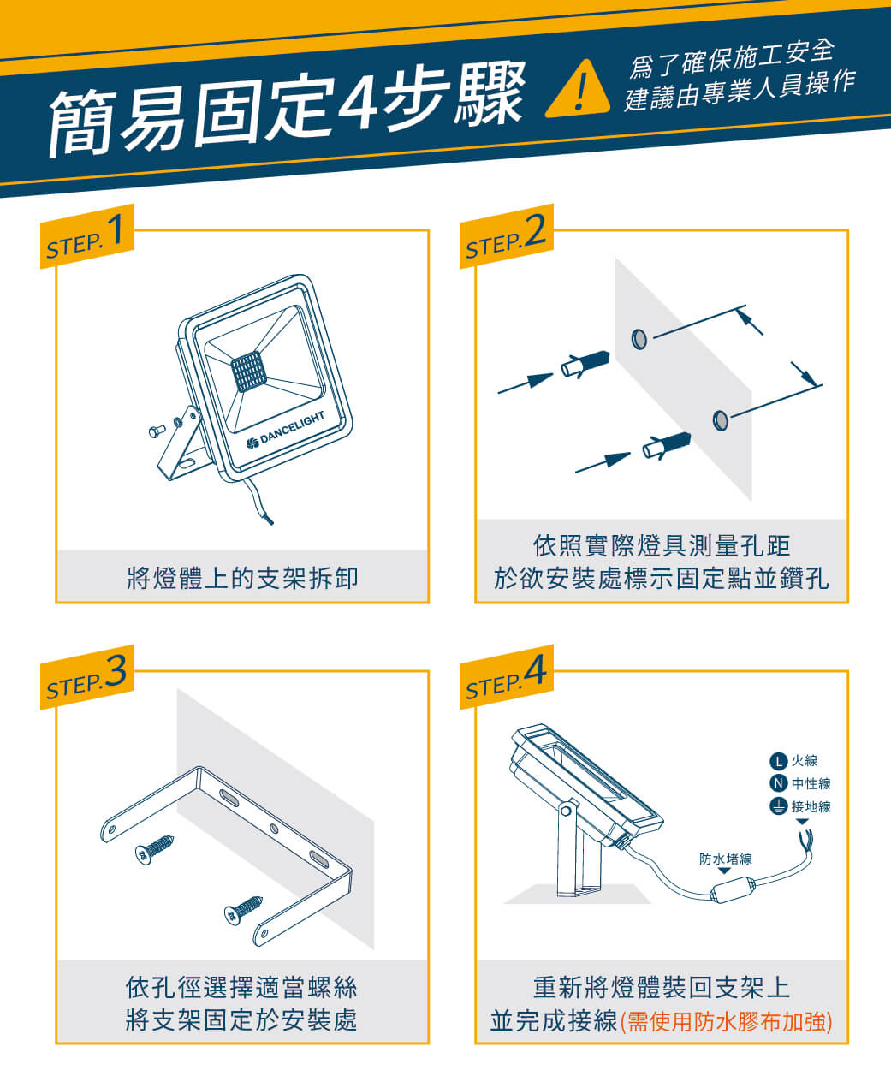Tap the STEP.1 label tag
point(87,236)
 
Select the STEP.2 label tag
point(506,236)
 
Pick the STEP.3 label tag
point(87,677)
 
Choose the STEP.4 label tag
point(506,677)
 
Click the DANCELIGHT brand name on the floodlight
point(292,427)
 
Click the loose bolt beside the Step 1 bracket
point(157,431)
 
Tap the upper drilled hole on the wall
point(639,339)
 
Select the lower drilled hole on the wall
point(720,420)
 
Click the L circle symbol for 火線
point(778,760)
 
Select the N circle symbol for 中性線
point(778,783)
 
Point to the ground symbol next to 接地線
point(778,806)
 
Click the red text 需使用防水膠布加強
point(726,1021)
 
